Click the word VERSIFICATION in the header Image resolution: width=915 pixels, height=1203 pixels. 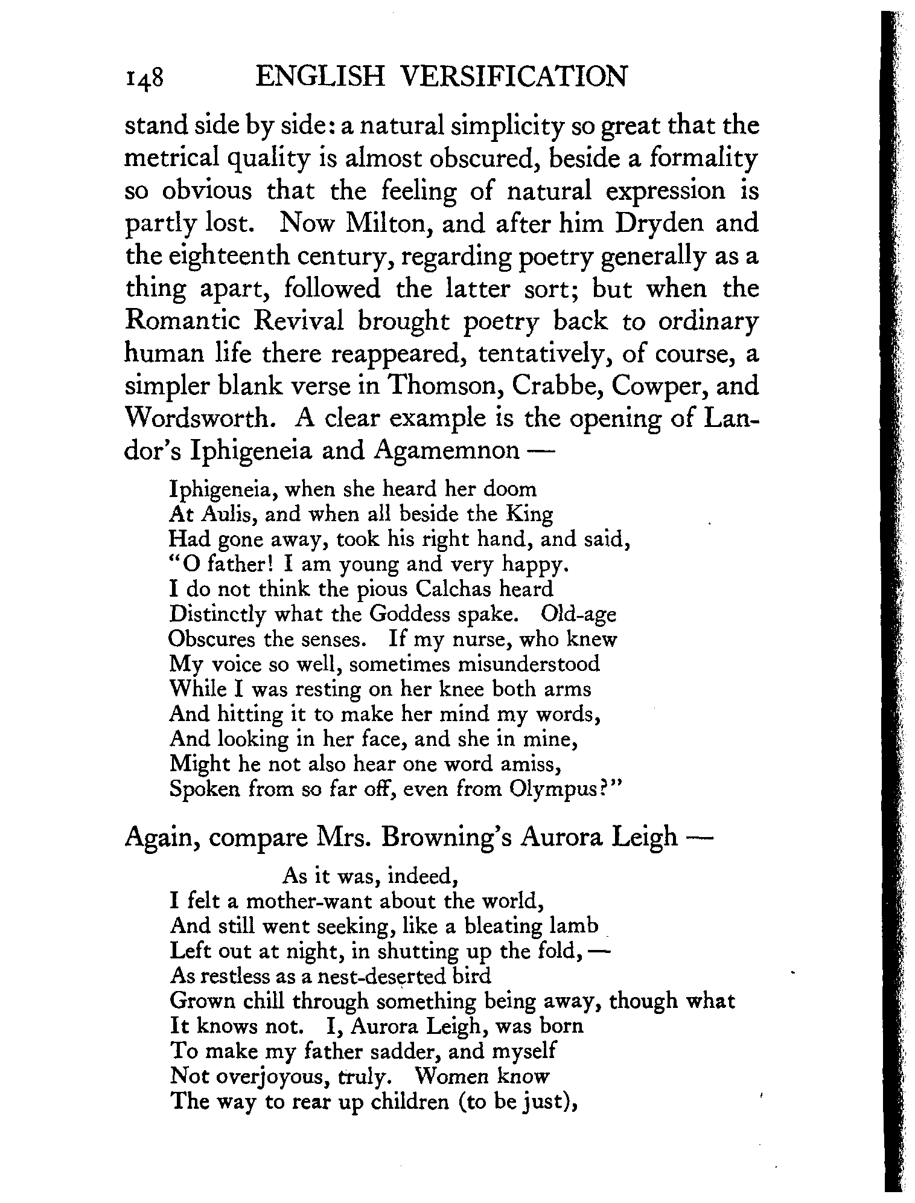514,77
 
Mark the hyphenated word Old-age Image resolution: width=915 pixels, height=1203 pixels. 579,614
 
